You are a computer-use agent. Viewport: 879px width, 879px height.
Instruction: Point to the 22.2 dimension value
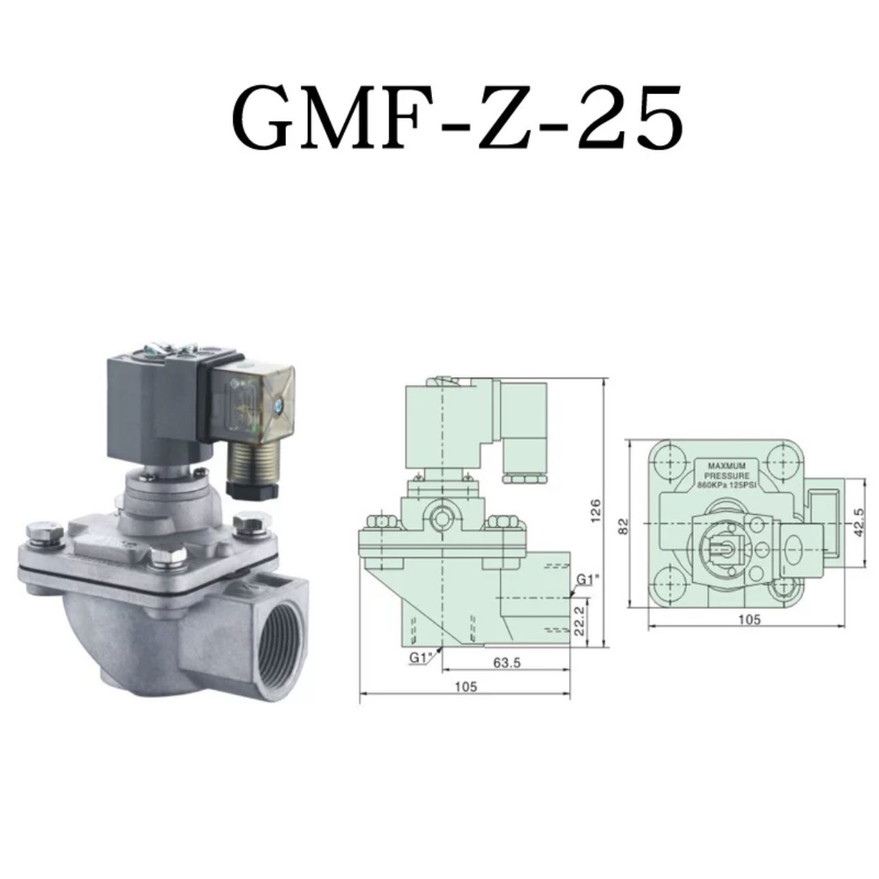pos(580,620)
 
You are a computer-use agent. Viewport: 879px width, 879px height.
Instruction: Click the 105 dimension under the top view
pos(750,619)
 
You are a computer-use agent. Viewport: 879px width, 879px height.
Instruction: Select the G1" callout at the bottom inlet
pos(420,657)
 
